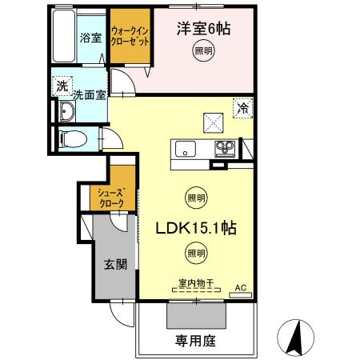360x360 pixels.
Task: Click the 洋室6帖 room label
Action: pyautogui.click(x=203, y=30)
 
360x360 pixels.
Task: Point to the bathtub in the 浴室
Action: pyautogui.click(x=63, y=38)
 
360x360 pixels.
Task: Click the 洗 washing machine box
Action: pyautogui.click(x=61, y=86)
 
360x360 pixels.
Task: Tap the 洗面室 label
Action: pyautogui.click(x=89, y=95)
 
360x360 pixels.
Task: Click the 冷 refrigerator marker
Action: pyautogui.click(x=241, y=105)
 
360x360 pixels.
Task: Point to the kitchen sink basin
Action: pyautogui.click(x=185, y=148)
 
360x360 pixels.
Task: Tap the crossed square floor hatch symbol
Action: pyautogui.click(x=213, y=122)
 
